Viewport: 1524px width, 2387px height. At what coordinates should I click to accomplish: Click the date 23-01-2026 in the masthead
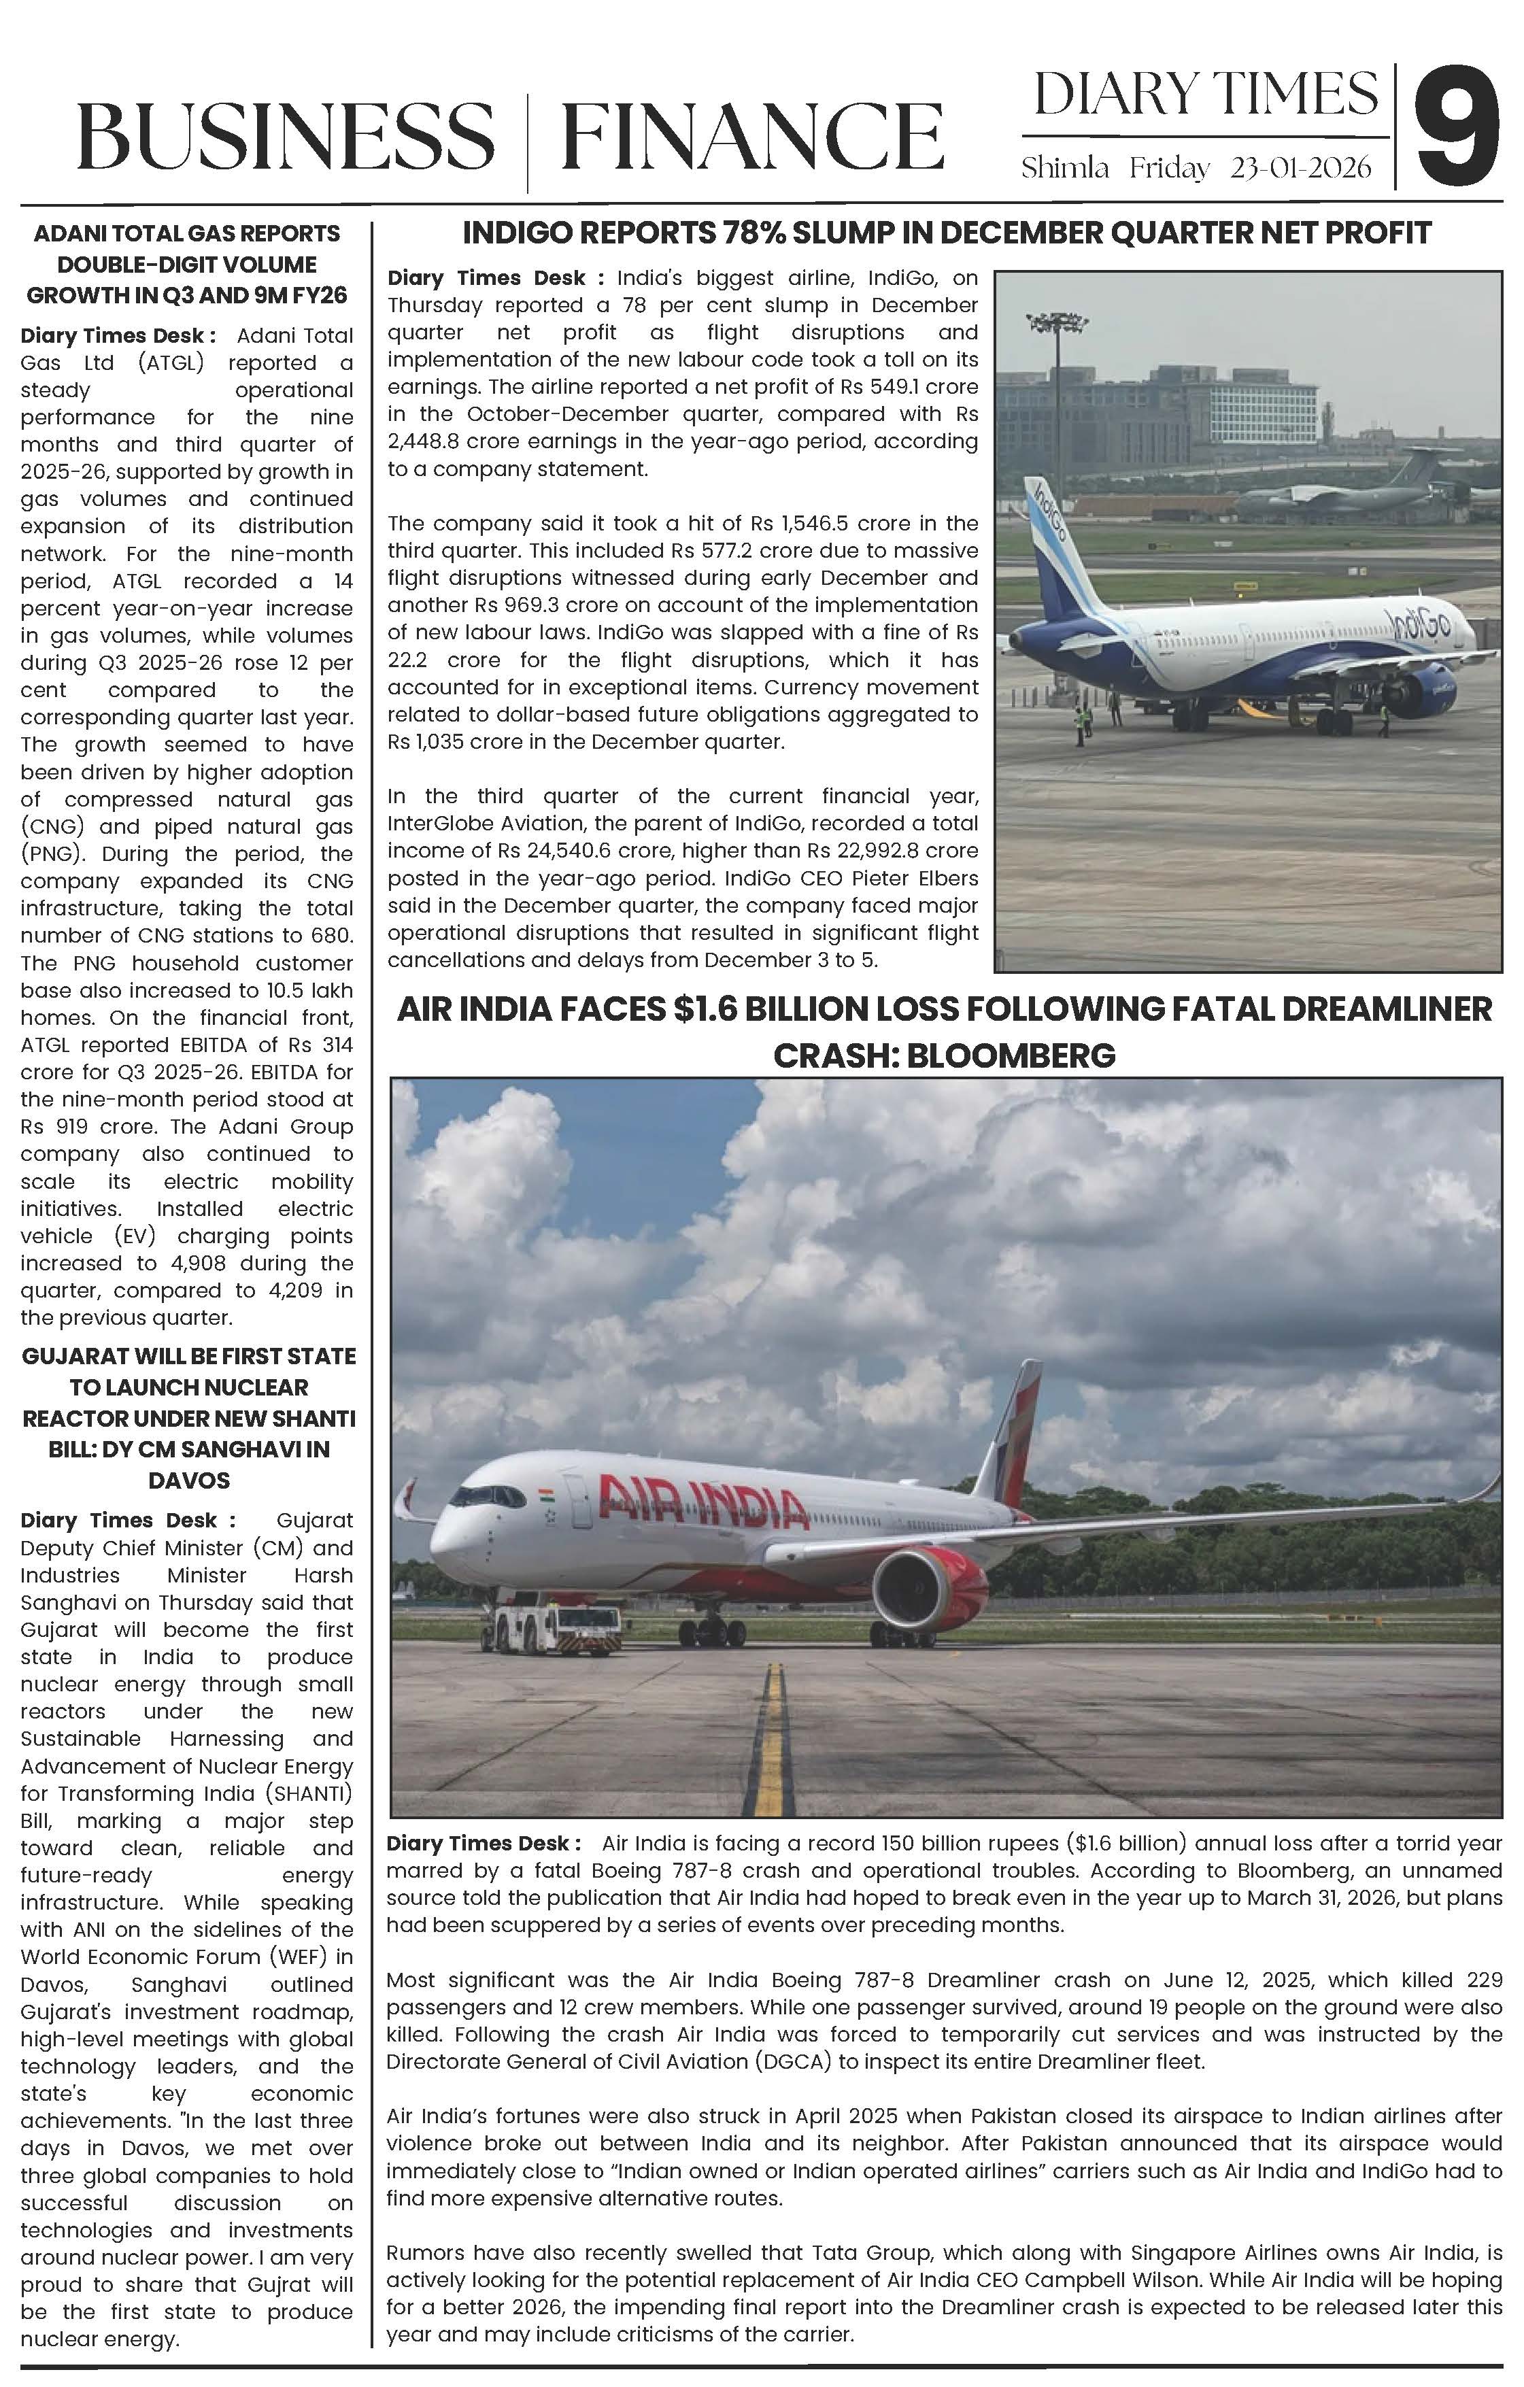1300,169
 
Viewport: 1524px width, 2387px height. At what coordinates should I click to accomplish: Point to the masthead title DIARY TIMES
1205,94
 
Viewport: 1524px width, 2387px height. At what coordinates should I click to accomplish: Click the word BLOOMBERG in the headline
1011,1055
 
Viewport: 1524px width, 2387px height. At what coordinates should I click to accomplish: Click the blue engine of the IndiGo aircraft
1424,686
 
